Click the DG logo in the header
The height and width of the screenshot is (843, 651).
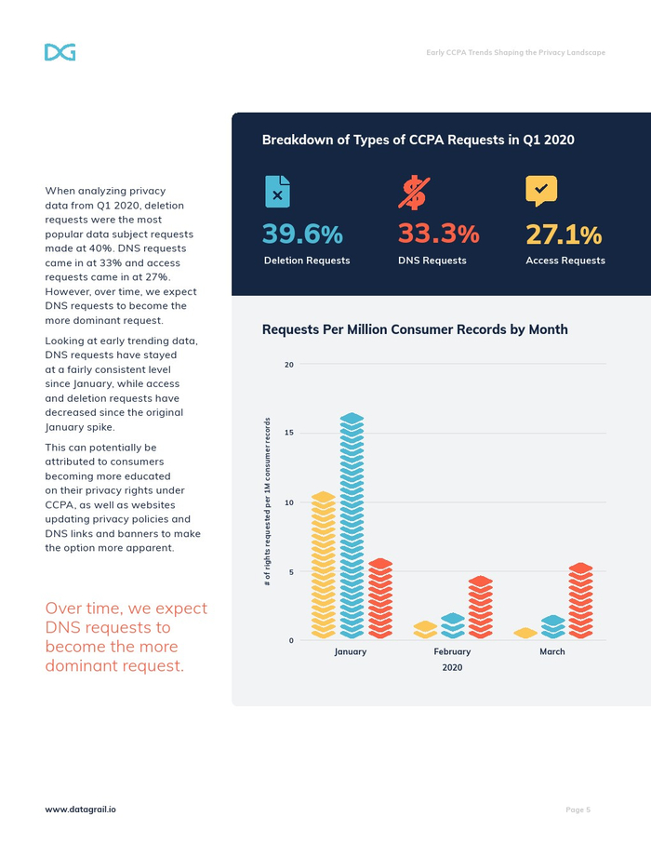[60, 52]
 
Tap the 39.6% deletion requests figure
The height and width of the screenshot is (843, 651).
[302, 234]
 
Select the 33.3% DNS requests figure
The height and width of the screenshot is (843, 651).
[438, 234]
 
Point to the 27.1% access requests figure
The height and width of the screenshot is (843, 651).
[564, 234]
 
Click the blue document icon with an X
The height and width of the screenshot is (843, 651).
[277, 192]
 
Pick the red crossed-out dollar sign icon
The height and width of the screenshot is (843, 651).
[413, 192]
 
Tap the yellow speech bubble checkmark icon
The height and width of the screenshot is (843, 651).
[541, 191]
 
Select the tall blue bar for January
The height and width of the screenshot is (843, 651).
[352, 526]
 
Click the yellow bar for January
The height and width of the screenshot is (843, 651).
[323, 565]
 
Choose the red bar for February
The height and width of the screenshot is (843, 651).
[480, 607]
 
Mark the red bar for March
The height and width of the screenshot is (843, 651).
[580, 600]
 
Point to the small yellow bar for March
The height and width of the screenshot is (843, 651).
[525, 633]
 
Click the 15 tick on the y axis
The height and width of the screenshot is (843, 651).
[289, 433]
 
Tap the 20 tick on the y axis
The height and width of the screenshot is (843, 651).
[289, 365]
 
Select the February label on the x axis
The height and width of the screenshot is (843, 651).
[452, 651]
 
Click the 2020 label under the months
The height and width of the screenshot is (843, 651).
[451, 667]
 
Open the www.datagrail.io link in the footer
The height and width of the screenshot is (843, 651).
[81, 810]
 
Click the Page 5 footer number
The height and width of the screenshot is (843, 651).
[578, 810]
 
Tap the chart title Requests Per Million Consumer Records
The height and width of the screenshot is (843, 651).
[415, 329]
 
